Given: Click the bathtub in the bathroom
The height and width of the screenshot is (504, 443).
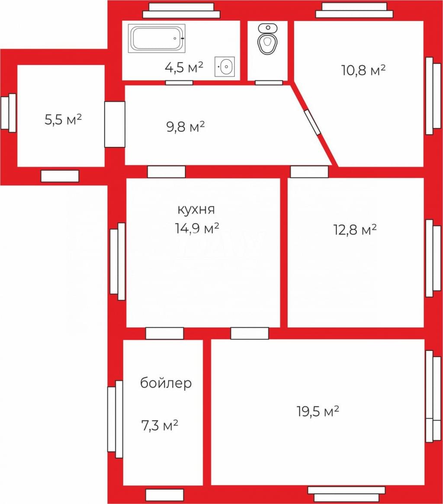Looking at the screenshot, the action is coord(157,38).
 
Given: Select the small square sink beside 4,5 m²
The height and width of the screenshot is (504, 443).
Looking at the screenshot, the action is coord(225,67).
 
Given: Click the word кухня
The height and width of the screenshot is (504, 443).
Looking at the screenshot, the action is coord(196,210).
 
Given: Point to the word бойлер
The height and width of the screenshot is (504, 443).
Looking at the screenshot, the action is coord(166,383).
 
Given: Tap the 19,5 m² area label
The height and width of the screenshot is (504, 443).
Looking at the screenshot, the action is coord(318,411).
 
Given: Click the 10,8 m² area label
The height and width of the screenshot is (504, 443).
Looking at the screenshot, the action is coord(363,70).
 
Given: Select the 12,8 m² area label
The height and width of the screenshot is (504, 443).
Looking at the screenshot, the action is coord(355,230).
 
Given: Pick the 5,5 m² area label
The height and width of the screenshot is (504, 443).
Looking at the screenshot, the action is coord(63,120).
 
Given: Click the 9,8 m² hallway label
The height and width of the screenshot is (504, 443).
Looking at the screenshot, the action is coord(185,126).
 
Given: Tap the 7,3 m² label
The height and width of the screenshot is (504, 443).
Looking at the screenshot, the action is coord(160,426).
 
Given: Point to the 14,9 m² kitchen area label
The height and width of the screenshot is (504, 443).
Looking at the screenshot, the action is coord(197,228).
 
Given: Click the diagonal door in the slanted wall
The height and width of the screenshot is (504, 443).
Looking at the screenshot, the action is coord(312,123).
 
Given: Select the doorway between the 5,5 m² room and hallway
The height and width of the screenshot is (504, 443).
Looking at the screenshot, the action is coord(115,124).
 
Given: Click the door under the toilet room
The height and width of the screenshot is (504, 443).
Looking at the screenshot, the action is coord(269,83).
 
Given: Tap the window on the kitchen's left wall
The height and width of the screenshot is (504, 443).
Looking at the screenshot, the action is coord(118,262).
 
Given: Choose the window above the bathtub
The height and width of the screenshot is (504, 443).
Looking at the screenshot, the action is coord(182,10).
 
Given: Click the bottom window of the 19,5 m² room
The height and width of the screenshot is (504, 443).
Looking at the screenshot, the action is coord(347,494).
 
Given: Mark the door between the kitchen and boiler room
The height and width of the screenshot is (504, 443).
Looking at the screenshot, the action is coord(164,333).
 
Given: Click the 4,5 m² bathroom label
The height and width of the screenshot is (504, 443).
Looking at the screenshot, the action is coord(184,67).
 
